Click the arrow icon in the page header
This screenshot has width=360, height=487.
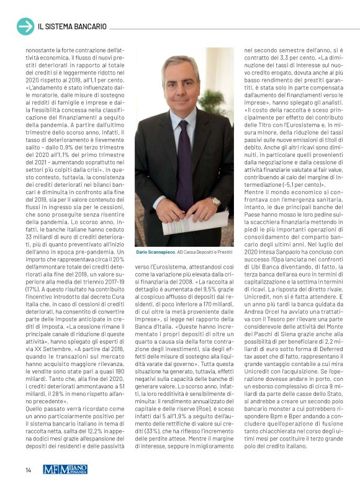(25, 26)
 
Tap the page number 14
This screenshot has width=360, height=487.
(29, 470)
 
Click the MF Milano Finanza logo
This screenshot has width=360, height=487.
(65, 470)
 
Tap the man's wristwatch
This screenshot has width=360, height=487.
(215, 201)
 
